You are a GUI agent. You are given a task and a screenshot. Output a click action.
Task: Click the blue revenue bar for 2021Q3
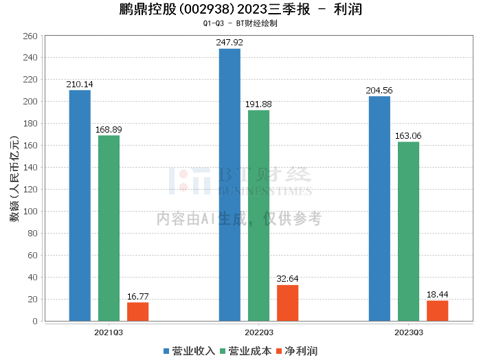click(x=80, y=205)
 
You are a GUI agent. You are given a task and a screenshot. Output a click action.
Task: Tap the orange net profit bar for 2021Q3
click(x=137, y=311)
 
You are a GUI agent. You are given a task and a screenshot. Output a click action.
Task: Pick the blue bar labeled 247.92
click(x=230, y=185)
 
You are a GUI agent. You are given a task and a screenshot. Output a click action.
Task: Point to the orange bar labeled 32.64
click(x=287, y=303)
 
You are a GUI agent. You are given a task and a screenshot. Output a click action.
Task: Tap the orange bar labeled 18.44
click(x=437, y=311)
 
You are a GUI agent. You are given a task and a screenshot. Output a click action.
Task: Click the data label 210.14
click(x=80, y=85)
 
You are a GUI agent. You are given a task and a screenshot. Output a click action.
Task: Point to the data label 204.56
click(x=379, y=91)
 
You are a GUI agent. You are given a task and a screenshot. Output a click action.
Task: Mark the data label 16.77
click(x=137, y=297)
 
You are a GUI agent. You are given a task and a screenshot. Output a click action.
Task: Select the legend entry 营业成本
click(x=246, y=351)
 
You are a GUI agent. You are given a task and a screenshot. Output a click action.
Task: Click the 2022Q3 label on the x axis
click(x=258, y=332)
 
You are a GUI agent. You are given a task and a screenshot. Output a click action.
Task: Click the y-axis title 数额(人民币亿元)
click(x=14, y=178)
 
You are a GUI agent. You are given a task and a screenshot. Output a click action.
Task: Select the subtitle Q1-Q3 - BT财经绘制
click(x=240, y=23)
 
